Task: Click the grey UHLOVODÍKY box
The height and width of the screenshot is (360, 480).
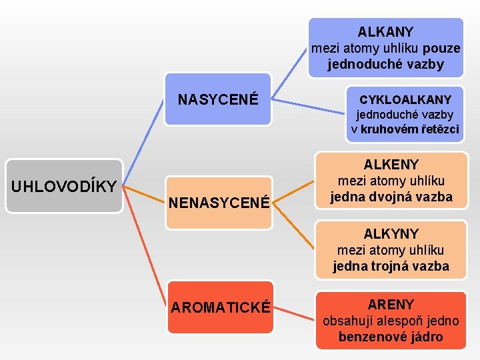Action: click(x=64, y=185)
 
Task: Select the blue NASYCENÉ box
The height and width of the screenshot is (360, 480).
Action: click(x=217, y=99)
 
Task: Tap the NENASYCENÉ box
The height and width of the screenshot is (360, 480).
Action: click(x=218, y=202)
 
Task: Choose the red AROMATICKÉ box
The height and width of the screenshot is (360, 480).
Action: click(x=220, y=307)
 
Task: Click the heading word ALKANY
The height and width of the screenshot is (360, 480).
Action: click(x=385, y=31)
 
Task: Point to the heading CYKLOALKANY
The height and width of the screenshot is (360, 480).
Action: click(x=405, y=99)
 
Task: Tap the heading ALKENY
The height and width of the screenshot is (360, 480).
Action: click(x=391, y=165)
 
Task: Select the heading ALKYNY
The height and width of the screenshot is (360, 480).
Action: click(x=391, y=234)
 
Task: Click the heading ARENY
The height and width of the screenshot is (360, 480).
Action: click(x=391, y=305)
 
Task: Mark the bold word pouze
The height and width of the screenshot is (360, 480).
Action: click(x=441, y=48)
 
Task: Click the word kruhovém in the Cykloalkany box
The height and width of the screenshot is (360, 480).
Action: click(x=389, y=129)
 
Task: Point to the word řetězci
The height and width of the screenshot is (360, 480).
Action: click(x=438, y=129)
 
